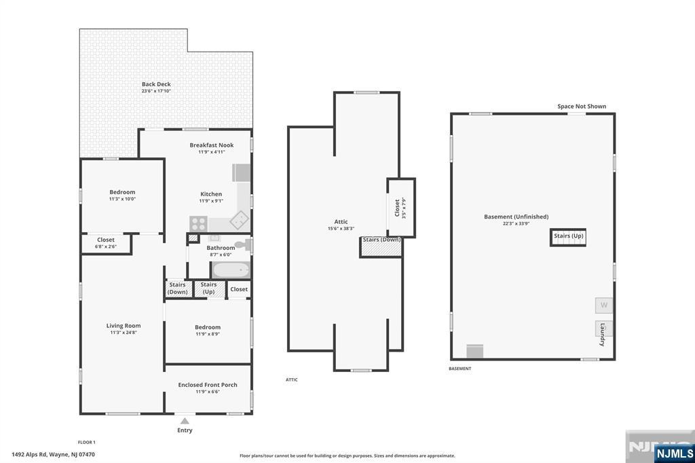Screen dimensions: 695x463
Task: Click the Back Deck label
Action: click(x=156, y=84)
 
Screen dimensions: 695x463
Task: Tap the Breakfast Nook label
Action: click(x=212, y=145)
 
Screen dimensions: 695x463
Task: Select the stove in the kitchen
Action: click(x=198, y=223)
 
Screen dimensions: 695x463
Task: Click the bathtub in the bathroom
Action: click(x=231, y=270)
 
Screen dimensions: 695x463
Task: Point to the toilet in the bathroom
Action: click(x=243, y=244)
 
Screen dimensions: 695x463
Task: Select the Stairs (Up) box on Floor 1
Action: click(x=209, y=289)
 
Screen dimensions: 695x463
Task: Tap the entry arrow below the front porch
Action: click(x=185, y=421)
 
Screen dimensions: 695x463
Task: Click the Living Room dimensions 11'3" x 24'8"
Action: click(x=124, y=333)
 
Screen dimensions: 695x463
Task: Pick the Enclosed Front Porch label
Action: click(x=208, y=385)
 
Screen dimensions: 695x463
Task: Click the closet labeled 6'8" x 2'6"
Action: click(x=107, y=244)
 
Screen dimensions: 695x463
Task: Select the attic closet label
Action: click(x=397, y=208)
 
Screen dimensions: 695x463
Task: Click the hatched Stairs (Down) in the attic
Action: click(x=381, y=247)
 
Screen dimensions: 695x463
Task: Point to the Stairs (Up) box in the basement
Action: click(x=568, y=237)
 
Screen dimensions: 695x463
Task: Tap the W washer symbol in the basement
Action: click(x=603, y=305)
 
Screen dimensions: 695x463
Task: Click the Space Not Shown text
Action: click(x=582, y=107)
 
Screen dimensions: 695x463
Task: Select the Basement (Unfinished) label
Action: click(x=516, y=217)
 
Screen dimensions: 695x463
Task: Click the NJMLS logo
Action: click(x=674, y=453)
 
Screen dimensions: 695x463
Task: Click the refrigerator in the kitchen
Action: click(x=241, y=173)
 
